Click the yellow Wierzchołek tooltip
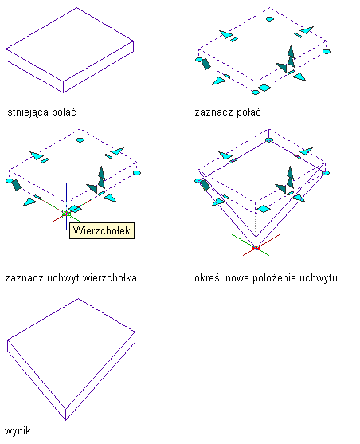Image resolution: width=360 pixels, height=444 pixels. click(x=102, y=231)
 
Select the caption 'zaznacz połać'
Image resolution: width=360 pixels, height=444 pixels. click(x=228, y=112)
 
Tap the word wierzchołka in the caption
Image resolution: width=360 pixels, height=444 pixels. click(x=110, y=277)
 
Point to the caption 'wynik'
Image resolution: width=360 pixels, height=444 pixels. click(x=18, y=431)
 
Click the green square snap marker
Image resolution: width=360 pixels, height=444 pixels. click(x=66, y=214)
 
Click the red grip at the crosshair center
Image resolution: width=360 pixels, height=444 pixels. click(x=256, y=249)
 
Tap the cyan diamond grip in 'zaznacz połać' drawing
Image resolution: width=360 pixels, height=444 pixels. click(x=264, y=88)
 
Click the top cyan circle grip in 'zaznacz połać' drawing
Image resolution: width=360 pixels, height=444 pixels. click(x=270, y=19)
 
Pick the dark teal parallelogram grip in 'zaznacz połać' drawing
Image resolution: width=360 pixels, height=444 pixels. click(x=205, y=64)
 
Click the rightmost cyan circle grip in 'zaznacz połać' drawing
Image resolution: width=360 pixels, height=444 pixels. click(x=327, y=52)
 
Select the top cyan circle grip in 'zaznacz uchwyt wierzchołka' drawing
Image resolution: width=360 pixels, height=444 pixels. click(x=80, y=139)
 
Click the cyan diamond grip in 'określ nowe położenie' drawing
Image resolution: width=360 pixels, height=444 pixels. click(x=264, y=209)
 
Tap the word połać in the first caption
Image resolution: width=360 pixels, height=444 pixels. click(x=64, y=112)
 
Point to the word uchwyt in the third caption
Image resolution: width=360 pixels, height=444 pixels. click(x=64, y=277)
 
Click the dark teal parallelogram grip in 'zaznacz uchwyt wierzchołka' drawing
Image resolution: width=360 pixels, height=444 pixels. click(x=16, y=185)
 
